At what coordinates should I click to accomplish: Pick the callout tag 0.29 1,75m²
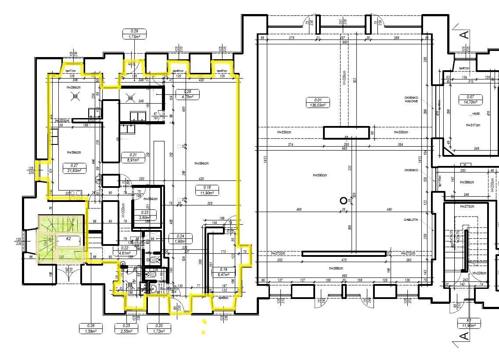pyautogui.click(x=134, y=34)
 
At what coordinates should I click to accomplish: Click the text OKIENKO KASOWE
pyautogui.click(x=413, y=100)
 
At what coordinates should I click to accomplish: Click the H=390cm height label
pyautogui.click(x=320, y=175)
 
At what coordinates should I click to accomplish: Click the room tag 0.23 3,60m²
pyautogui.click(x=144, y=215)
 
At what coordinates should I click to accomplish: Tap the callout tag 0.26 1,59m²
pyautogui.click(x=91, y=329)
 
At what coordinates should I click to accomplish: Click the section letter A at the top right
pyautogui.click(x=464, y=35)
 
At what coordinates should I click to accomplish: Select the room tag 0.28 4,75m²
pyautogui.click(x=187, y=94)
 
